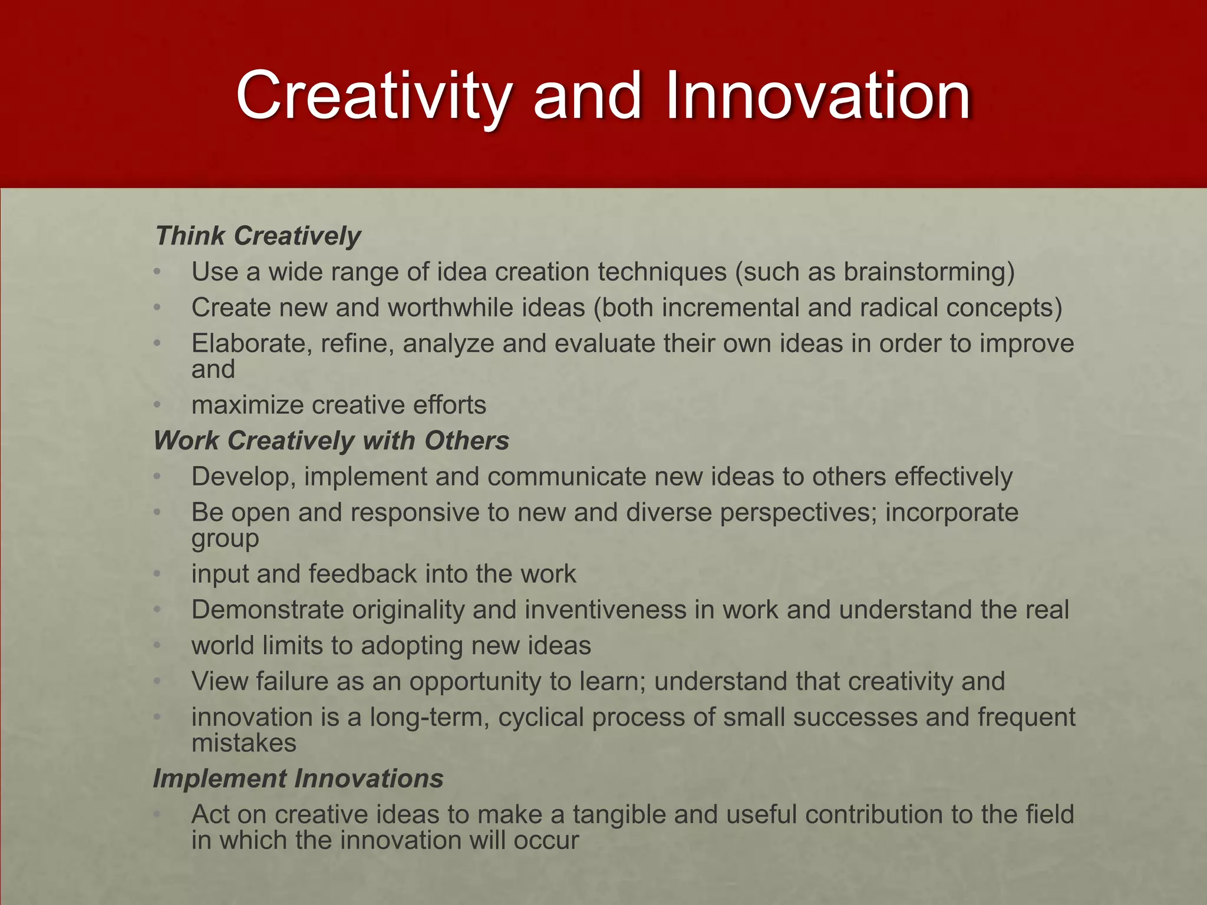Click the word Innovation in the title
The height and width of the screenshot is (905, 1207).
(817, 95)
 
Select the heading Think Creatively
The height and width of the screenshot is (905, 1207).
(258, 236)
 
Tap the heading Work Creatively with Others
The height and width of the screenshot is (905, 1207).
(331, 441)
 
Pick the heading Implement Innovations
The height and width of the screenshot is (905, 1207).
(298, 778)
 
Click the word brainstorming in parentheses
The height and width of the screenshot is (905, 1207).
(924, 272)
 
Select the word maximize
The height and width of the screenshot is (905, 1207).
(248, 405)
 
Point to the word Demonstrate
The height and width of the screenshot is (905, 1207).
(268, 610)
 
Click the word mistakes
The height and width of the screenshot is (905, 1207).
(244, 743)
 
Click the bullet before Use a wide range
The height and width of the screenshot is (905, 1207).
(157, 272)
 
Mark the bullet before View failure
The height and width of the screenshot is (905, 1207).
(157, 682)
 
